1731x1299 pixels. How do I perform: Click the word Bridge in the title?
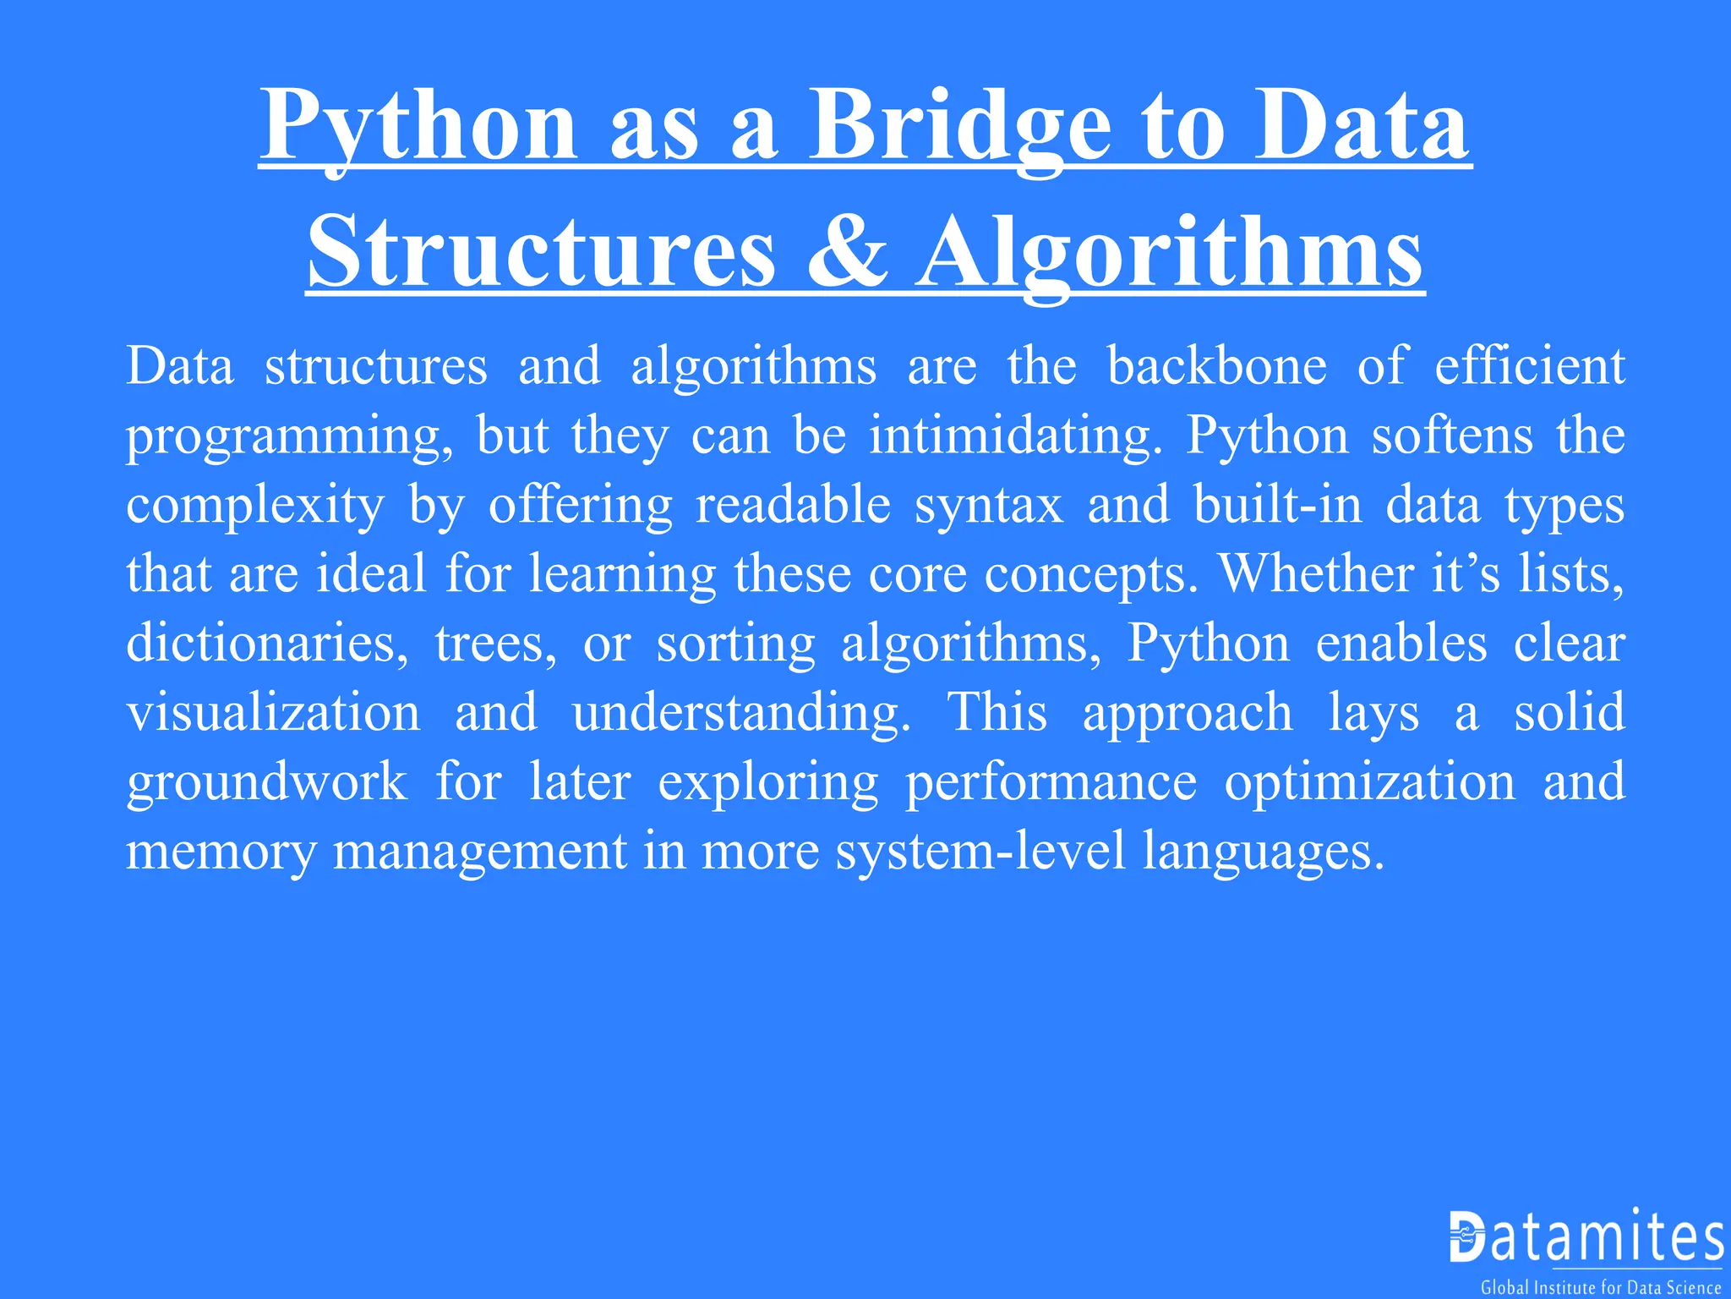tap(960, 127)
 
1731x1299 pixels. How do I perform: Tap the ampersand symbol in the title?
tap(847, 252)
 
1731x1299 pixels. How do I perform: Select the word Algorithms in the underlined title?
tap(1171, 252)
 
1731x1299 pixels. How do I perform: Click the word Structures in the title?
tap(541, 252)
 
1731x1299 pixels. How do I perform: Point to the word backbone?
tap(1217, 366)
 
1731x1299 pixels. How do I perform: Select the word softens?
tap(1452, 436)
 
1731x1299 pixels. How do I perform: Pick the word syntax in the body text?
tap(989, 505)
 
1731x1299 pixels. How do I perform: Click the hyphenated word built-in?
tap(1278, 505)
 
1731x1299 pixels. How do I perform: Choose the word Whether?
tap(1316, 574)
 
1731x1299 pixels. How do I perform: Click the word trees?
tap(496, 644)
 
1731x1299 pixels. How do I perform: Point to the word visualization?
tap(273, 712)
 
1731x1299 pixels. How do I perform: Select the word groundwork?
tap(267, 781)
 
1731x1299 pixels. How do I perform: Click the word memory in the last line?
tap(221, 851)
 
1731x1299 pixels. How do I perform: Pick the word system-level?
tap(981, 851)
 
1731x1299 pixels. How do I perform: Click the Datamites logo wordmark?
tap(1586, 1237)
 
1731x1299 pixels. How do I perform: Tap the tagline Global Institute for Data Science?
tap(1601, 1287)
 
